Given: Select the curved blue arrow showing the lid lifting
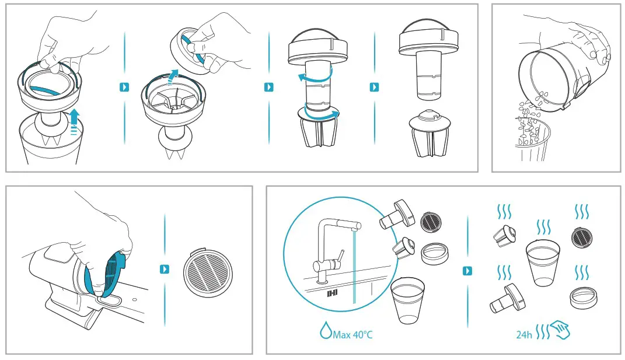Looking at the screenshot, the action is (x=173, y=76).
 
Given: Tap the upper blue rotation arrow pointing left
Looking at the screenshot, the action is (x=315, y=77).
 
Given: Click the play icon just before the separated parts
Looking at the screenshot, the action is (x=374, y=87).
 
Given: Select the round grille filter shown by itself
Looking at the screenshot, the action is (x=208, y=273).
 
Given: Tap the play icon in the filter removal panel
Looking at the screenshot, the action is (x=164, y=269).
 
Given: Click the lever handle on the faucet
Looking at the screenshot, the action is (x=340, y=257).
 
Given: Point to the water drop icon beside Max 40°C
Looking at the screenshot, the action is (x=326, y=330).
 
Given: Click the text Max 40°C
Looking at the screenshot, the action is (x=352, y=334).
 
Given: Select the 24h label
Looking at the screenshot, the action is (x=524, y=334).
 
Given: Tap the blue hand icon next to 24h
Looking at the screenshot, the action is (x=560, y=331).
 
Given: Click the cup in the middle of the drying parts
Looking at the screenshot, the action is (x=543, y=263).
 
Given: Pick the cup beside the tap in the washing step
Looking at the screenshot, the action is (x=407, y=300).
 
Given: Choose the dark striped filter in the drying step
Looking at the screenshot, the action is (x=582, y=237).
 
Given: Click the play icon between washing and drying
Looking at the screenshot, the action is (x=467, y=271).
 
